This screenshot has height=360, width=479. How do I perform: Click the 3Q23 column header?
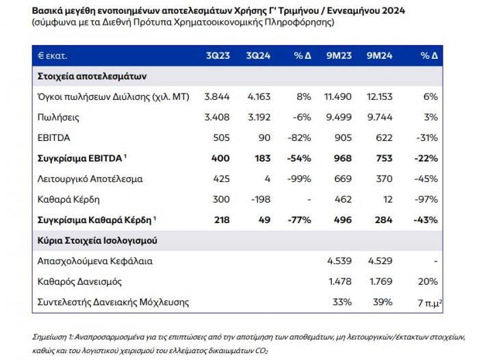pos(218,55)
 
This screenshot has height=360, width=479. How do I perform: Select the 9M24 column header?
pos(379,55)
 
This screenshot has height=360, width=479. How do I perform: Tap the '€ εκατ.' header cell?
pos(52,56)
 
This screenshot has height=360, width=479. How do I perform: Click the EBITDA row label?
pos(54,138)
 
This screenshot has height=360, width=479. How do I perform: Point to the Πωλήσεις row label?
pos(58,117)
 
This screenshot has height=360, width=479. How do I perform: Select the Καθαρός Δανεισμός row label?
pos(80,281)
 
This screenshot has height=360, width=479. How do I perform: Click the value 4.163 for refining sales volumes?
pos(259,97)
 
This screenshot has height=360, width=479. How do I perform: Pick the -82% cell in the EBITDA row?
pos(299,138)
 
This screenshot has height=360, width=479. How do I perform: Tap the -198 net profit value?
pos(261,200)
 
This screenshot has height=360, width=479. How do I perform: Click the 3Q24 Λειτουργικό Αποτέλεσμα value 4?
pos(268,179)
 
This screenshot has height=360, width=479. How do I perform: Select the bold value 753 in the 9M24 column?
pos(384,158)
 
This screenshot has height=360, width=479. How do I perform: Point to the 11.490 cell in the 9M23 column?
pos(338,97)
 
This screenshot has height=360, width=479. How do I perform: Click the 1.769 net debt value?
pos(381,281)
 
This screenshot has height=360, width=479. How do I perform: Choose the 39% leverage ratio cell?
pos(383,302)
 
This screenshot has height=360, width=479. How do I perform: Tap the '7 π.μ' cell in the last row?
pos(430,303)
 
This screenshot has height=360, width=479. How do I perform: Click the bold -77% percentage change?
pos(300,220)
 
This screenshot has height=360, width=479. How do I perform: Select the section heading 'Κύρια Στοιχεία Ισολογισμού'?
pos(97,240)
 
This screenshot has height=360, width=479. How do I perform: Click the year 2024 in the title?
pos(393,11)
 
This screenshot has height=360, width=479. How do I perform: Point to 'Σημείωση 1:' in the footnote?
pos(53,337)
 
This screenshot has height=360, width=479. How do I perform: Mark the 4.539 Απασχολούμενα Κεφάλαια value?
pos(339,261)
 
